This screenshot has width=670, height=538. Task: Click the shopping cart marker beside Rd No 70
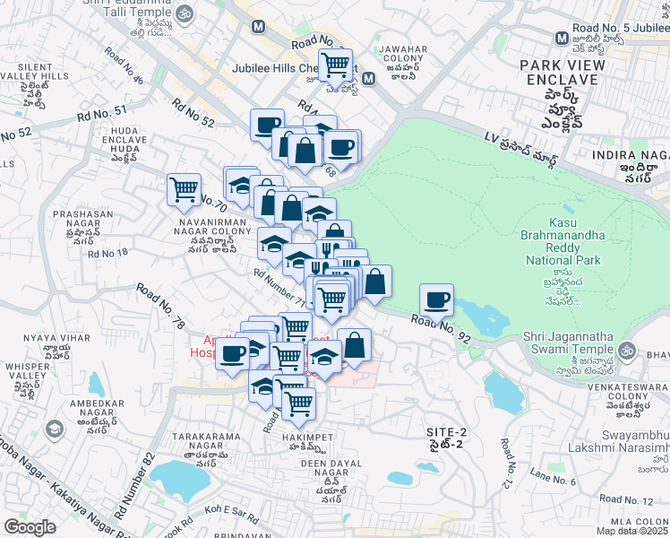[184, 189]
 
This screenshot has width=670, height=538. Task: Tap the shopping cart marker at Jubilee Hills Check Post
[335, 64]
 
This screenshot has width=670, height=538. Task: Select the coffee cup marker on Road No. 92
[436, 299]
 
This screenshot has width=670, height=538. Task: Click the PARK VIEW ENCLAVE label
[562, 73]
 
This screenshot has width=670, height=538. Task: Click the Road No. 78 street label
[161, 307]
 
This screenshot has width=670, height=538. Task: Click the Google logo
[30, 526]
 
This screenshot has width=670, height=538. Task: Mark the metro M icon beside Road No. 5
[561, 39]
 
